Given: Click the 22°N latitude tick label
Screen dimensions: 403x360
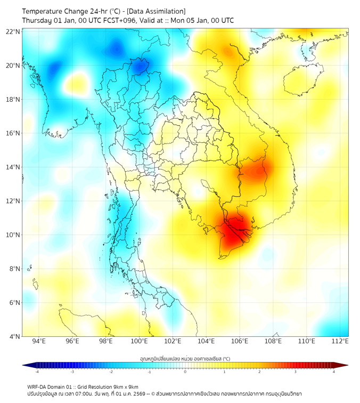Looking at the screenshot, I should click(x=13, y=31).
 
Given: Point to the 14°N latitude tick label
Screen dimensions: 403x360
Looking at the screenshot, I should click(x=13, y=167).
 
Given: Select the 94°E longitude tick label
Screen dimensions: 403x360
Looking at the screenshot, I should click(x=39, y=341).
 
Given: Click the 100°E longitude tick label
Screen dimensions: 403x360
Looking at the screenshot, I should click(x=140, y=341).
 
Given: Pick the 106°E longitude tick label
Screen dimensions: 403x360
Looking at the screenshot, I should click(x=240, y=341).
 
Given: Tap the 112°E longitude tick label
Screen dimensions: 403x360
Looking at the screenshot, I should click(x=340, y=341).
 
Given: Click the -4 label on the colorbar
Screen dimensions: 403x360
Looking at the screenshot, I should click(x=37, y=372).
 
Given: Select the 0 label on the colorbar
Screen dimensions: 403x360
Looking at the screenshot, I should click(x=185, y=372).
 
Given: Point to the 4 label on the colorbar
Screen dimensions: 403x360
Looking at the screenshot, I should click(x=334, y=372).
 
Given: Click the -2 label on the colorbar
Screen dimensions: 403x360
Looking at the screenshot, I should click(x=111, y=372).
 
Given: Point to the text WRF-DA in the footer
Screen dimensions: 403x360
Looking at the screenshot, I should click(x=37, y=386).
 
